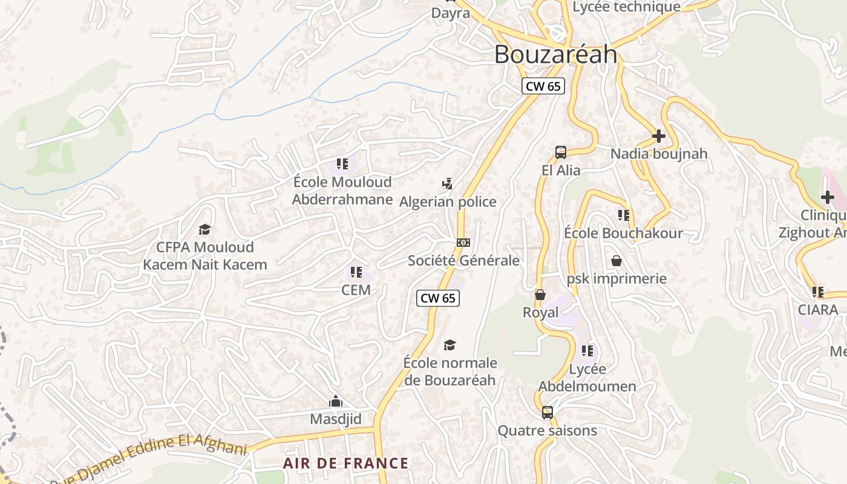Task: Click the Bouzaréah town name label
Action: pos(555,54)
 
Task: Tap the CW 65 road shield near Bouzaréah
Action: pos(543,86)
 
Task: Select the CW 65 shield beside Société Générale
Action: pos(438,298)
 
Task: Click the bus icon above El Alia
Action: pos(561,152)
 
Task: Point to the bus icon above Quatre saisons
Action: pos(547,413)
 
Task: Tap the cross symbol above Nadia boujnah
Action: pos(659,136)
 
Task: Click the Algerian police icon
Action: pos(447,183)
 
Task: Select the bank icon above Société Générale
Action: pos(463,243)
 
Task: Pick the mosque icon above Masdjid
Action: pos(335,401)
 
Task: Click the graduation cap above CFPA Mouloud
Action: pos(204,229)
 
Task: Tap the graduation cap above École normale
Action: pos(450,345)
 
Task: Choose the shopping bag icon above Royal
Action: pos(540,295)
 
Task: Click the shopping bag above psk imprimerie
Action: pos(616,261)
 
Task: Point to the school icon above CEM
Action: pos(356,272)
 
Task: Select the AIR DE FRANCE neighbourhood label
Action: pos(346,463)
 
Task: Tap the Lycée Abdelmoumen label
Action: pos(587,378)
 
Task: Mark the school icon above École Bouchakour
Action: pos(623,215)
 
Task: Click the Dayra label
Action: pos(450,13)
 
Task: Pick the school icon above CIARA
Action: pos(818,292)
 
